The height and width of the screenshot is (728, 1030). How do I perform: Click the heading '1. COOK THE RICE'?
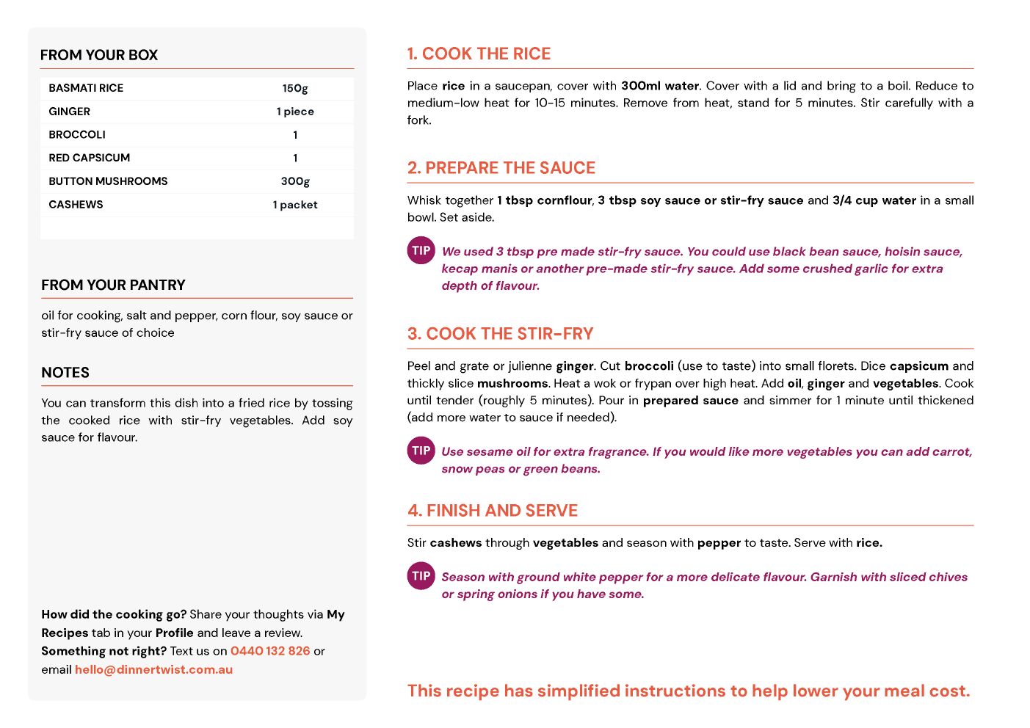[x=479, y=54]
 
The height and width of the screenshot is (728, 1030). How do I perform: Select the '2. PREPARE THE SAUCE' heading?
[x=501, y=168]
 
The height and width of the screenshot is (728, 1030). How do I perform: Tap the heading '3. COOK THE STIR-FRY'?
[x=500, y=334]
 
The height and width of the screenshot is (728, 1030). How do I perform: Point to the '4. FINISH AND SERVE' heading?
[x=493, y=511]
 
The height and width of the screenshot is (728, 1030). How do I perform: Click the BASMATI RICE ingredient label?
[x=86, y=88]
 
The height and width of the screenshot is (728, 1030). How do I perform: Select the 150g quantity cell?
[x=295, y=88]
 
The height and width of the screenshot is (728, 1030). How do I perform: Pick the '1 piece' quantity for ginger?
[x=295, y=112]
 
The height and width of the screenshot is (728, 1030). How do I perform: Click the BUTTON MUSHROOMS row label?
[x=108, y=181]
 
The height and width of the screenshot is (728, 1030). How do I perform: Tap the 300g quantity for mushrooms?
[x=295, y=181]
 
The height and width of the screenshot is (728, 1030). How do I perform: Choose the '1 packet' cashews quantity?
[x=295, y=205]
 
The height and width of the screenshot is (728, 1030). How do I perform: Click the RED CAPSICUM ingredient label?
[x=90, y=158]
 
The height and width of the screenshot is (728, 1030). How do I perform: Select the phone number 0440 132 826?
[x=270, y=651]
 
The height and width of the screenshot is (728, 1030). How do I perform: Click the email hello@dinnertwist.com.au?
[x=153, y=669]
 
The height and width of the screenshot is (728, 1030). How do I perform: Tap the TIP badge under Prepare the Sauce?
[x=421, y=250]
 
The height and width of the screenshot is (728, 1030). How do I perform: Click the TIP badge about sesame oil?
[x=421, y=451]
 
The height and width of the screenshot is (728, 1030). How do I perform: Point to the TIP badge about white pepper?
[x=421, y=576]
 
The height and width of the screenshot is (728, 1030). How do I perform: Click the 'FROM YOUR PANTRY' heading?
[x=113, y=285]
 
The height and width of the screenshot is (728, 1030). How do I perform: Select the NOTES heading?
[x=65, y=373]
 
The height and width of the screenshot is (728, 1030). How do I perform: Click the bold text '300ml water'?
[x=660, y=86]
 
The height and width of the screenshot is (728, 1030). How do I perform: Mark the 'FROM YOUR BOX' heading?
[x=99, y=55]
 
